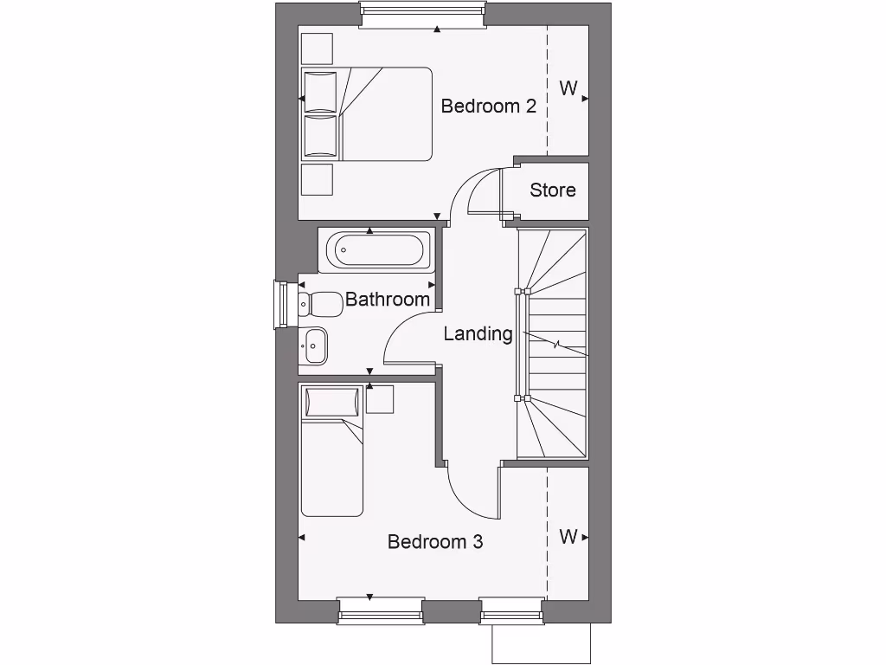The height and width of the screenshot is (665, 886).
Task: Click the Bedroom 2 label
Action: [488, 107]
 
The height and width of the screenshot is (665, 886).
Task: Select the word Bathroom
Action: [387, 300]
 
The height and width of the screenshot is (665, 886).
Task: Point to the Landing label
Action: [478, 333]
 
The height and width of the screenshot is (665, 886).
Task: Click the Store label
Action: [552, 190]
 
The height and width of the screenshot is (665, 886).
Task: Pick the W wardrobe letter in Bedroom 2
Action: [568, 88]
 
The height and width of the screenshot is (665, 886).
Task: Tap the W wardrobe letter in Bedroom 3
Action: [568, 537]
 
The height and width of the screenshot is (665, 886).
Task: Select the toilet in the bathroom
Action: [320, 304]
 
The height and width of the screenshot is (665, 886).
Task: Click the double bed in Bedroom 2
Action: [367, 113]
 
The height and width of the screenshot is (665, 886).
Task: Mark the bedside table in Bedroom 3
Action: [380, 399]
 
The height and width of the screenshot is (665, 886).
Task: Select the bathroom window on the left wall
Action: [281, 305]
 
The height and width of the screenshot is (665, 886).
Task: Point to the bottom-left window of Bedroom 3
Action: [381, 610]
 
